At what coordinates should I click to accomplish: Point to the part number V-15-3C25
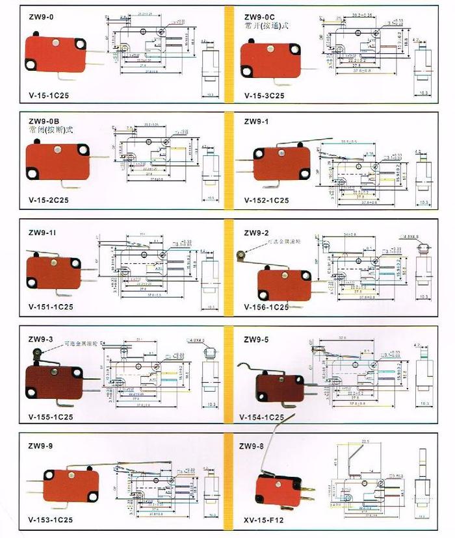tap(265, 95)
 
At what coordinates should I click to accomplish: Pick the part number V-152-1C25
tap(267, 200)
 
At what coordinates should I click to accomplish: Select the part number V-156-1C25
tap(266, 307)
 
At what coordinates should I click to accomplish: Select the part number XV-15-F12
tap(263, 520)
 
